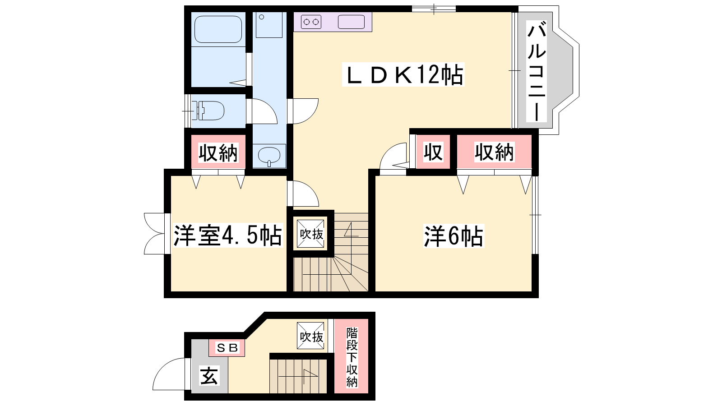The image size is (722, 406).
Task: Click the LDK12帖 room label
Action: pyautogui.click(x=403, y=74)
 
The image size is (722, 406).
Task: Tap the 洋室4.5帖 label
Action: pyautogui.click(x=227, y=235)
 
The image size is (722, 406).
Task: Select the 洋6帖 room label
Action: pyautogui.click(x=454, y=236)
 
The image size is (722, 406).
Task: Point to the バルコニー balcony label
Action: pyautogui.click(x=537, y=71)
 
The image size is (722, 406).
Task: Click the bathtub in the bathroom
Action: pyautogui.click(x=218, y=29)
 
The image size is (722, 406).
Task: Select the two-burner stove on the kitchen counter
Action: pyautogui.click(x=311, y=22)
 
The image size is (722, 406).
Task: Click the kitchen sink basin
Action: pyautogui.click(x=351, y=22)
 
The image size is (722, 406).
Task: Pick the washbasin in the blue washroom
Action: pyautogui.click(x=269, y=156)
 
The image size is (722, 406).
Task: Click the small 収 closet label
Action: pyautogui.click(x=433, y=152)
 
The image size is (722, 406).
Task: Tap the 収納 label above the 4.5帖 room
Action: pyautogui.click(x=218, y=153)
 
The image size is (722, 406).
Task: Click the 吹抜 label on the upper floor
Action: pyautogui.click(x=311, y=234)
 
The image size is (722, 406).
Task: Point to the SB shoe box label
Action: pyautogui.click(x=227, y=348)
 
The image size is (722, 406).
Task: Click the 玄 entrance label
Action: pyautogui.click(x=209, y=376)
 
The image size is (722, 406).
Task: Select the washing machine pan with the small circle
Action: pyautogui.click(x=269, y=25)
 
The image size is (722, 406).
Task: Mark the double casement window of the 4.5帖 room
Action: pyautogui.click(x=155, y=234)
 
